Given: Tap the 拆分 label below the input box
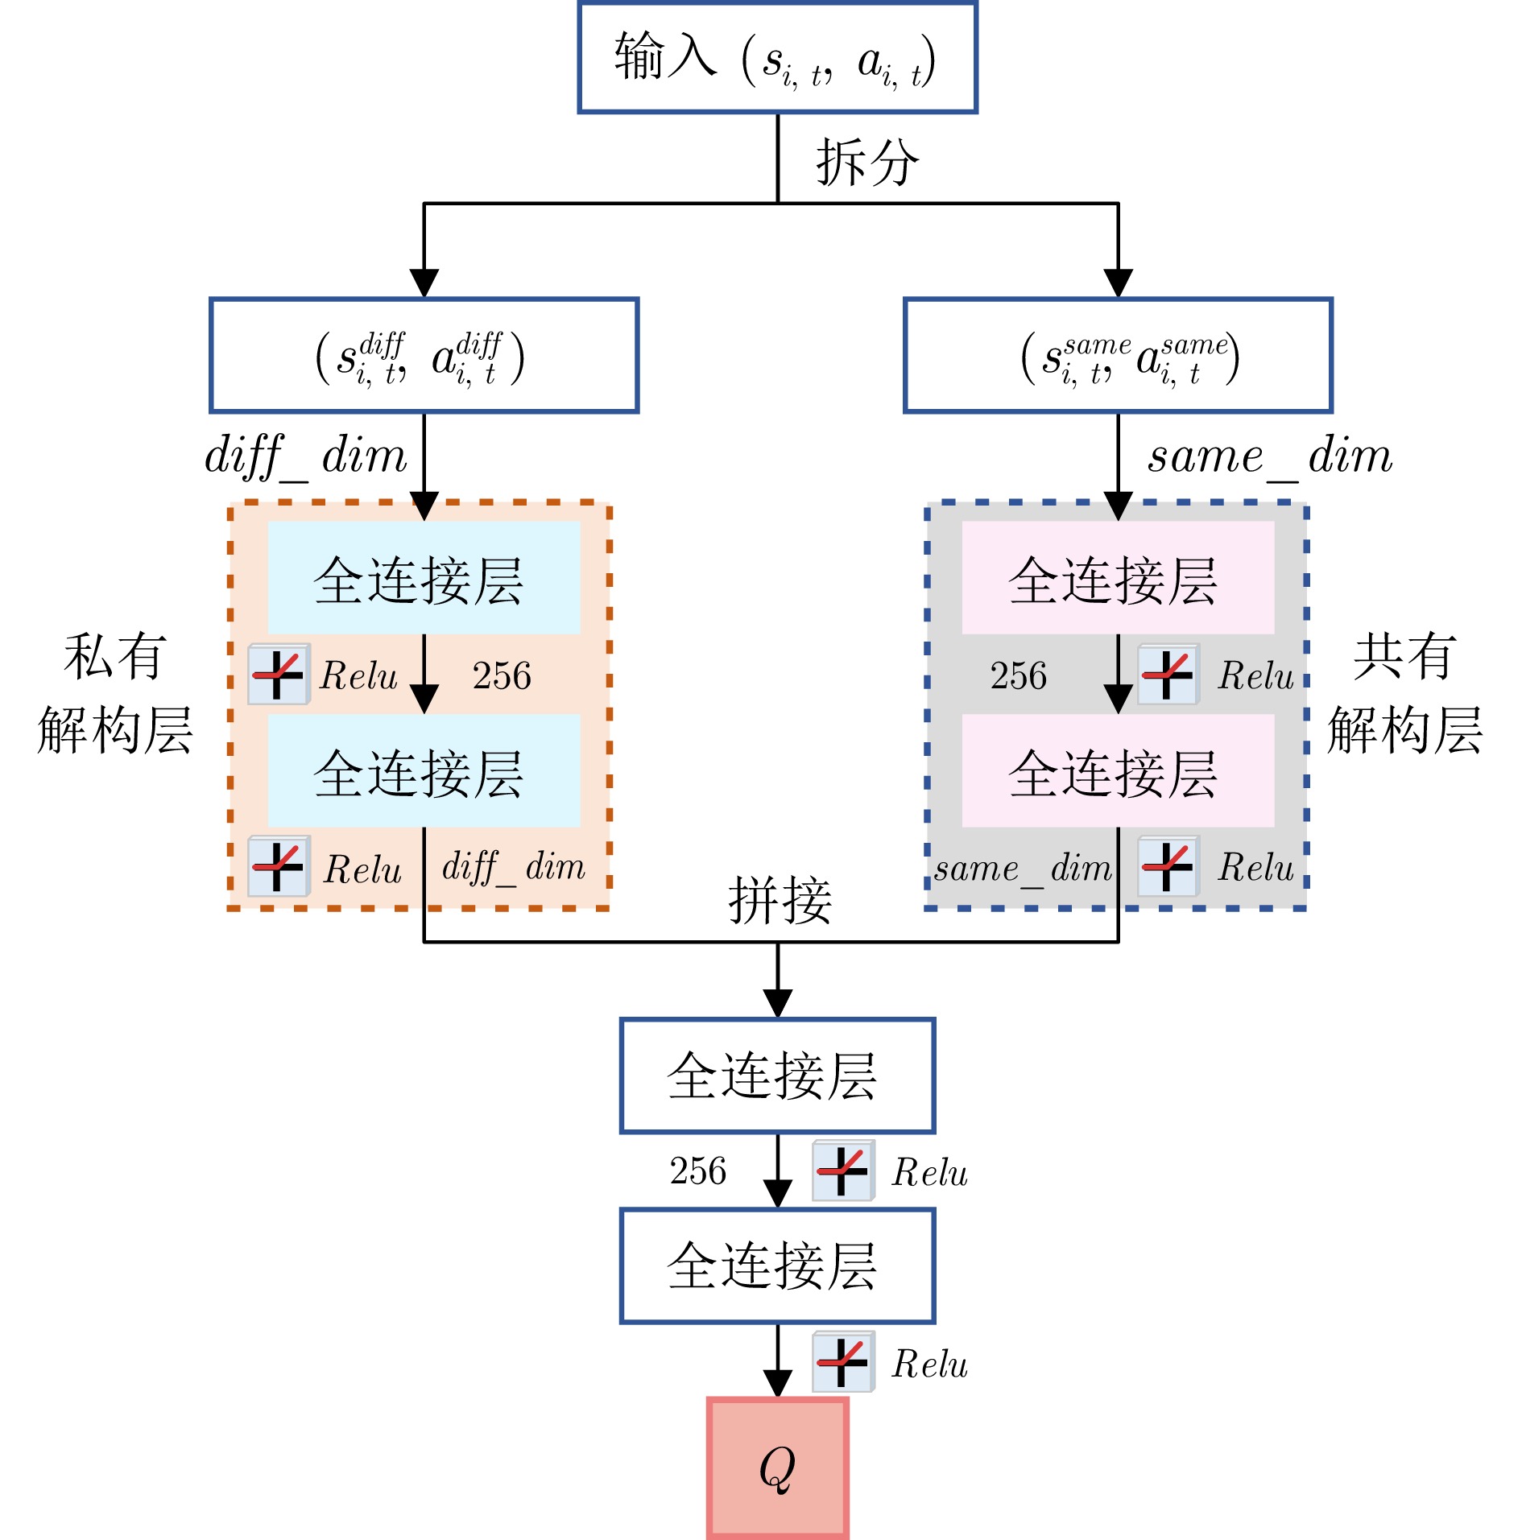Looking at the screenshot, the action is pyautogui.click(x=867, y=162).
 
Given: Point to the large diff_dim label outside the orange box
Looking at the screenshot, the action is pyautogui.click(x=306, y=457).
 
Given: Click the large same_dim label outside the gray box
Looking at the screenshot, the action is pyautogui.click(x=1270, y=457).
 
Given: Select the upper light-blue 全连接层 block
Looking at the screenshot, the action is pyautogui.click(x=424, y=577).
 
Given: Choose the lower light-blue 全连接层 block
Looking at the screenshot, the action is pyautogui.click(x=424, y=770).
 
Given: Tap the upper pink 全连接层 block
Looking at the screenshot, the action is pyautogui.click(x=1118, y=577).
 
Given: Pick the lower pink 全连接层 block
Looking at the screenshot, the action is pyautogui.click(x=1118, y=770).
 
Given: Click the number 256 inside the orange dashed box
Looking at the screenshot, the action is pyautogui.click(x=502, y=676).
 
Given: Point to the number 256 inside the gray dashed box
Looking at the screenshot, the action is pyautogui.click(x=1019, y=676).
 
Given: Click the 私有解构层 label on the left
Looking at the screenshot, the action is pyautogui.click(x=115, y=693).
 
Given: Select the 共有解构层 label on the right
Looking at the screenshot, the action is pyautogui.click(x=1405, y=693).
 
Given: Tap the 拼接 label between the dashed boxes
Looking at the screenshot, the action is pyautogui.click(x=780, y=900).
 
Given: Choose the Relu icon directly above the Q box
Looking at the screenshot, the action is pyautogui.click(x=842, y=1362).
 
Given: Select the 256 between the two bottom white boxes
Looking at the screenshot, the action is pyautogui.click(x=698, y=1171).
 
